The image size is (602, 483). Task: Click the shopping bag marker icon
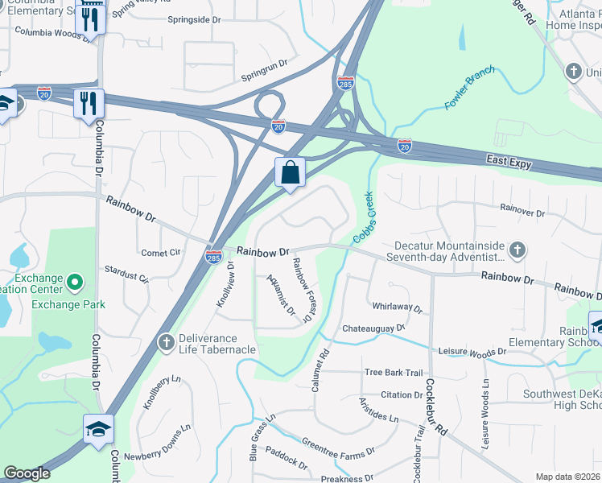point(290,172)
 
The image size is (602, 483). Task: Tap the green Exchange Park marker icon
point(75,283)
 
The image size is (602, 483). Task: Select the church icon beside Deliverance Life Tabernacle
point(167,343)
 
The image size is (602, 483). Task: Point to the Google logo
point(27,473)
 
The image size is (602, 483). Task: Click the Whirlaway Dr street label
point(398,307)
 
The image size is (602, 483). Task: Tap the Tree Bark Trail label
point(393,372)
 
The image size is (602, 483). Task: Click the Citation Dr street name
point(402,394)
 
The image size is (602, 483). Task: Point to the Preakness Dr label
point(347,478)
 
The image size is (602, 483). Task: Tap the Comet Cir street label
point(160,252)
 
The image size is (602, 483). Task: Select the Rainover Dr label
point(522,208)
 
